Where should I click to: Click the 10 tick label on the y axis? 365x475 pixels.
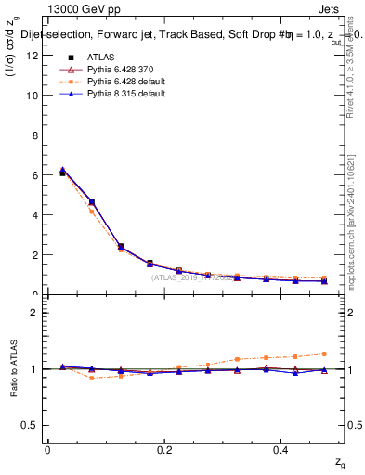click(33, 96)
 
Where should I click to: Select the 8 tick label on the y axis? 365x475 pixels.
click(35, 135)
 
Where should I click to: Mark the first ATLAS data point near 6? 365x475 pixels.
click(62, 173)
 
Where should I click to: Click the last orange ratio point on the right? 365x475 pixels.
click(324, 353)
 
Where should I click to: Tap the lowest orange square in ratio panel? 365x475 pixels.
click(91, 378)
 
